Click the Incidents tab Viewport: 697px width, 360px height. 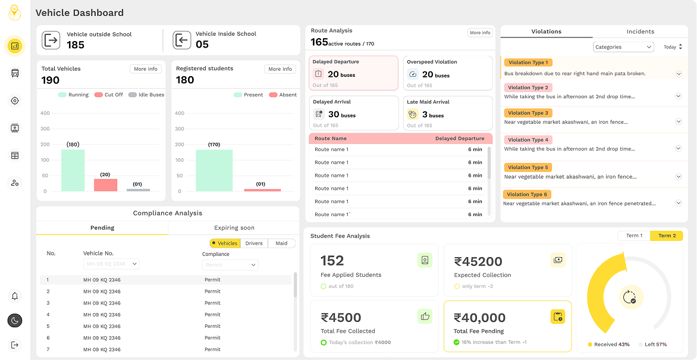[640, 32]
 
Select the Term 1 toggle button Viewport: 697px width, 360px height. [634, 236]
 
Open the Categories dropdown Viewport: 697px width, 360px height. [623, 47]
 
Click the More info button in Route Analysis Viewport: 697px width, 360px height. [479, 33]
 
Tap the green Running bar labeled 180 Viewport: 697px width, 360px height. [73, 170]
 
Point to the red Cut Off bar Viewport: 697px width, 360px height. [105, 185]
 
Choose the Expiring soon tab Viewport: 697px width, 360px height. [234, 228]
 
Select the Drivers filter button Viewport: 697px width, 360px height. [254, 243]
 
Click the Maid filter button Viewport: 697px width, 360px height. [281, 243]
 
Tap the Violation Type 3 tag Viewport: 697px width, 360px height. [528, 113]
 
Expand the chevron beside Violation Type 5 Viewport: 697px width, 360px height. [679, 176]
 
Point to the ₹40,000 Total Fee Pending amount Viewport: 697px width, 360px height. [479, 318]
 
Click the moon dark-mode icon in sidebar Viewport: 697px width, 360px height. [15, 320]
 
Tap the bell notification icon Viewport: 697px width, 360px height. [15, 296]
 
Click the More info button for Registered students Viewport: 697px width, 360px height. [280, 69]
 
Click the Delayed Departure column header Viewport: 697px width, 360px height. [459, 139]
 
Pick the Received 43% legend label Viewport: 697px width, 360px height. [608, 345]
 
